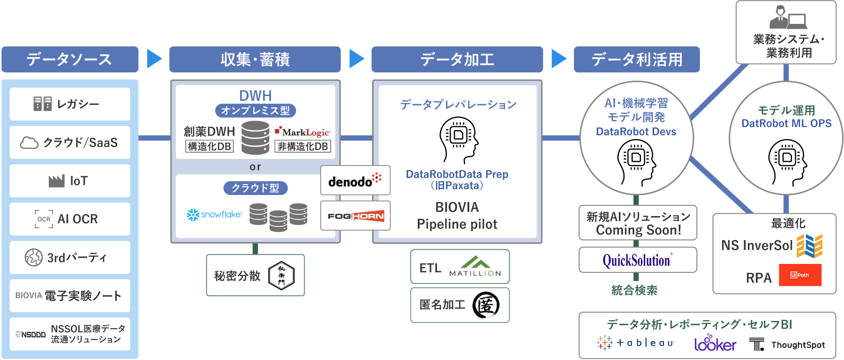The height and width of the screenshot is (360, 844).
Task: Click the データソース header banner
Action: point(70,60)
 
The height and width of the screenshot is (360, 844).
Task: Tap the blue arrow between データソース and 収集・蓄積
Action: point(154,59)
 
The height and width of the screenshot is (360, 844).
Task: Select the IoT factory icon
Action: point(57,181)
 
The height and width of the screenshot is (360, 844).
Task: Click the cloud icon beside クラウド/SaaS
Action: point(29,142)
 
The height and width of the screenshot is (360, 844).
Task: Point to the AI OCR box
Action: point(70,219)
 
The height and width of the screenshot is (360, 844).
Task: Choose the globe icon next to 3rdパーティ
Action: point(34,257)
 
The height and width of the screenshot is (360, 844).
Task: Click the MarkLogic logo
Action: point(303,132)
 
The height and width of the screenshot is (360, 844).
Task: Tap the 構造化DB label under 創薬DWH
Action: point(209,147)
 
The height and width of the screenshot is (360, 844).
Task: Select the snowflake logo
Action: point(214,215)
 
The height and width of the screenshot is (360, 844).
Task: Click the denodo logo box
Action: point(355,180)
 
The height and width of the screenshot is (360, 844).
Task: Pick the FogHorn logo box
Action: point(355,216)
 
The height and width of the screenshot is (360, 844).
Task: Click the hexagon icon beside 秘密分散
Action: point(281,275)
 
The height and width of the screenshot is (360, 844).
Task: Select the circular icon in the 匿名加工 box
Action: point(486,305)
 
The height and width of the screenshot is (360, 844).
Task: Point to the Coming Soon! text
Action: point(638,230)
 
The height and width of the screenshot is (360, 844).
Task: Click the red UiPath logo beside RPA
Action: point(800,275)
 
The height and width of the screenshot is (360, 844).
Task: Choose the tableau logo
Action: point(636,343)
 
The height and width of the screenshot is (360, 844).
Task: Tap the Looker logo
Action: point(715,344)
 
